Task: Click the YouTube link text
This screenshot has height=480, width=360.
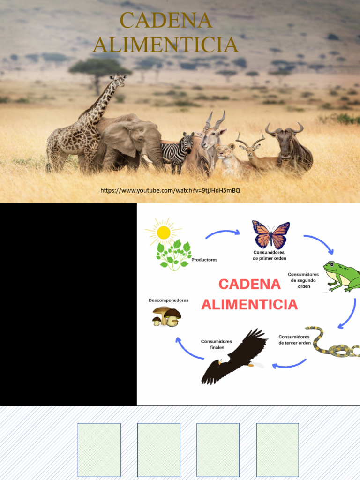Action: point(170,190)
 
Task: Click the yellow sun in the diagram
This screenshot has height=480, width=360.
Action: point(164,232)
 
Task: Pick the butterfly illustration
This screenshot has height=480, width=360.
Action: point(271,234)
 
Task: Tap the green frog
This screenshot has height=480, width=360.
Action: point(342,277)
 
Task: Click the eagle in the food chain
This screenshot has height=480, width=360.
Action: point(234,356)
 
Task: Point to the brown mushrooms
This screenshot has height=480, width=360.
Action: point(166,316)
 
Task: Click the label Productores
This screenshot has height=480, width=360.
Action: point(204,260)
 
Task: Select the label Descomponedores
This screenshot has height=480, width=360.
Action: point(168,300)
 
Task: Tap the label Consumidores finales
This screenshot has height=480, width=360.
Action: point(217,345)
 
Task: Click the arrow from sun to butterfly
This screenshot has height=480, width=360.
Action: point(223,232)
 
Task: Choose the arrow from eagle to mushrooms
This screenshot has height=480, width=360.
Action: point(187,349)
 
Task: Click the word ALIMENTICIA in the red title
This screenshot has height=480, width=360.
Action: point(249,305)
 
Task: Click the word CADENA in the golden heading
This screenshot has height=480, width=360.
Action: point(166,21)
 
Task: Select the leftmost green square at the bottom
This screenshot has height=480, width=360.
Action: point(99,450)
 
